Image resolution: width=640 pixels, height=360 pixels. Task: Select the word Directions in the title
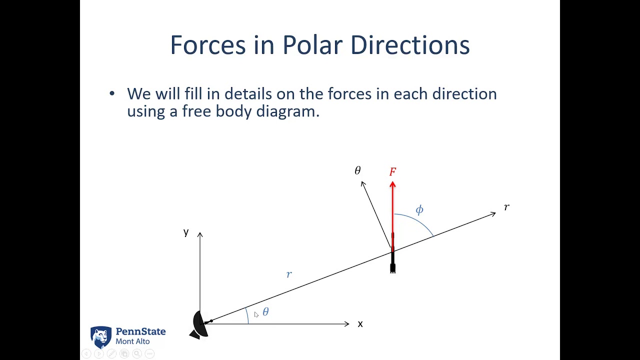tap(409, 45)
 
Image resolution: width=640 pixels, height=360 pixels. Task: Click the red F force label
tap(392, 172)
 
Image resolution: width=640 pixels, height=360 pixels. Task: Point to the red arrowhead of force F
tap(392, 185)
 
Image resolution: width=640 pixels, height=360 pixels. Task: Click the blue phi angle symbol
tap(419, 210)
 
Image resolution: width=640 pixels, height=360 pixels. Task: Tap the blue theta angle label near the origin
tap(265, 312)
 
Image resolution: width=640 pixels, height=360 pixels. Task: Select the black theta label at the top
tap(357, 171)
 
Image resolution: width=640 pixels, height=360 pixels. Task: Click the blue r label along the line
tap(289, 274)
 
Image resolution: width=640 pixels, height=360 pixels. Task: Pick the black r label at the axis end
tap(506, 207)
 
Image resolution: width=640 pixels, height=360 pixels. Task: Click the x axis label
tap(360, 324)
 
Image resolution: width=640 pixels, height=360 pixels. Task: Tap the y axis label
tap(186, 232)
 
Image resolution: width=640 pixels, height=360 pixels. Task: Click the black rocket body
tap(392, 257)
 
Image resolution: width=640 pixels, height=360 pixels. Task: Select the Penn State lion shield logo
tap(101, 337)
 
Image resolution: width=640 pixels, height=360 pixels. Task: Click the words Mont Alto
tap(132, 341)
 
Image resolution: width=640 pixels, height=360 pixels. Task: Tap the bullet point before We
tap(111, 93)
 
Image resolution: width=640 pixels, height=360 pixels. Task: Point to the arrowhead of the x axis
tap(346, 324)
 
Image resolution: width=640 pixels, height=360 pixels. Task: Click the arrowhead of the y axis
tap(200, 234)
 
